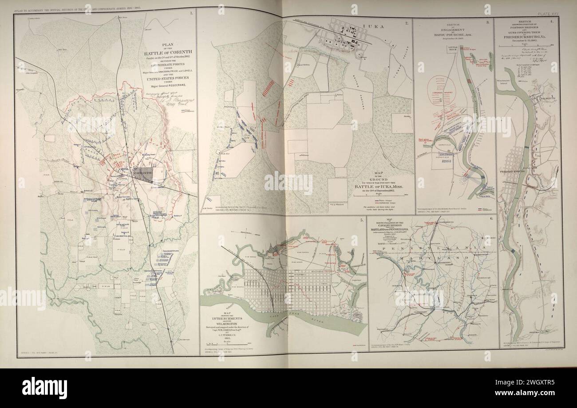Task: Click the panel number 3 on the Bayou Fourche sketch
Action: point(487,22)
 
